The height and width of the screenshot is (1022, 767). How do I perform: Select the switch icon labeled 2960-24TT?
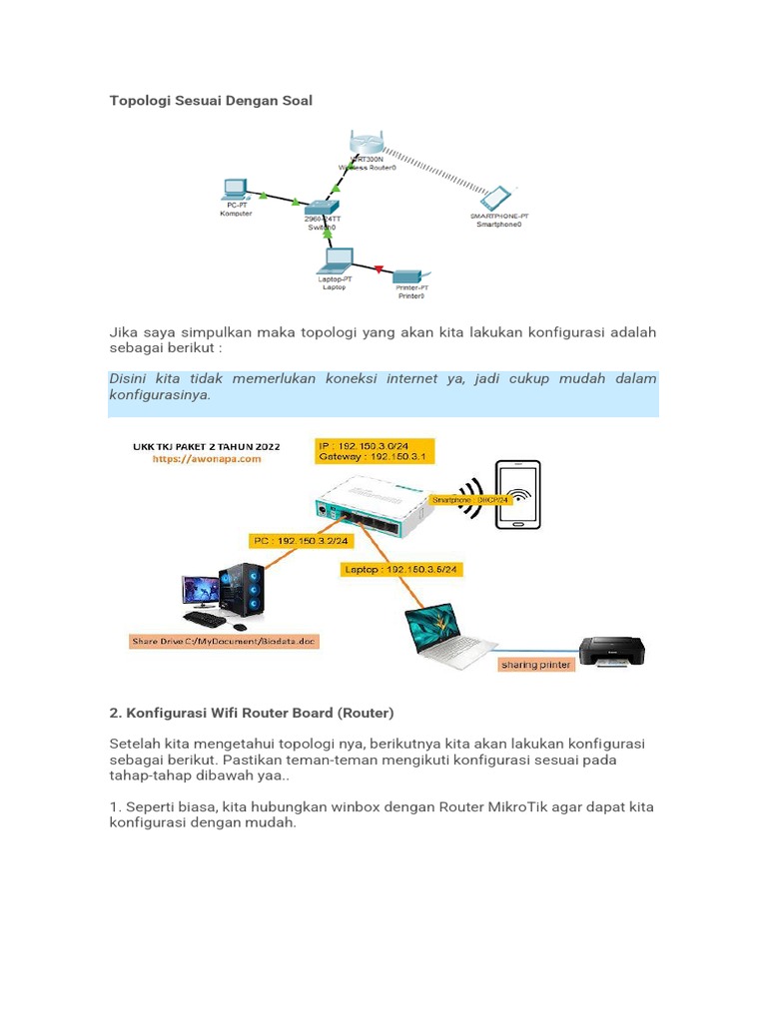pos(322,205)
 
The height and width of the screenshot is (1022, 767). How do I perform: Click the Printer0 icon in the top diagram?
pos(409,274)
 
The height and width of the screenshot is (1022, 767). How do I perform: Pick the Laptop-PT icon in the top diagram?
pos(334,261)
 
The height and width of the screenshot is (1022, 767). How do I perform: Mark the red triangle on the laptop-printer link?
pos(379,267)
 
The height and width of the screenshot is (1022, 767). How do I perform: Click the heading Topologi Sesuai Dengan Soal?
pos(211,100)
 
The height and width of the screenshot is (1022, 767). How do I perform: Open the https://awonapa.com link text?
pos(206,459)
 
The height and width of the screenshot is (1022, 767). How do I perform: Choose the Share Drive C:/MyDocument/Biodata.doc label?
pos(224,641)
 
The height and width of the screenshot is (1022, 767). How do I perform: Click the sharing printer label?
pos(537,664)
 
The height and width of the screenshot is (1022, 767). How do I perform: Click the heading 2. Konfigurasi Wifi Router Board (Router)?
pos(251,713)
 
